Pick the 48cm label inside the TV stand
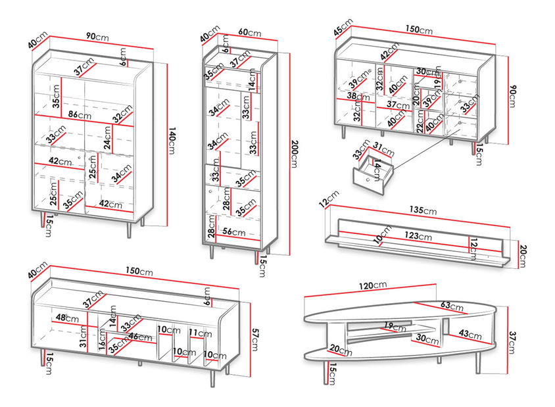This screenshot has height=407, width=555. coord(66,318)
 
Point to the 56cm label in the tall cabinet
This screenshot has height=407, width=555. coord(235,231)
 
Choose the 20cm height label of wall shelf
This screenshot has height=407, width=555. coord(523,254)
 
